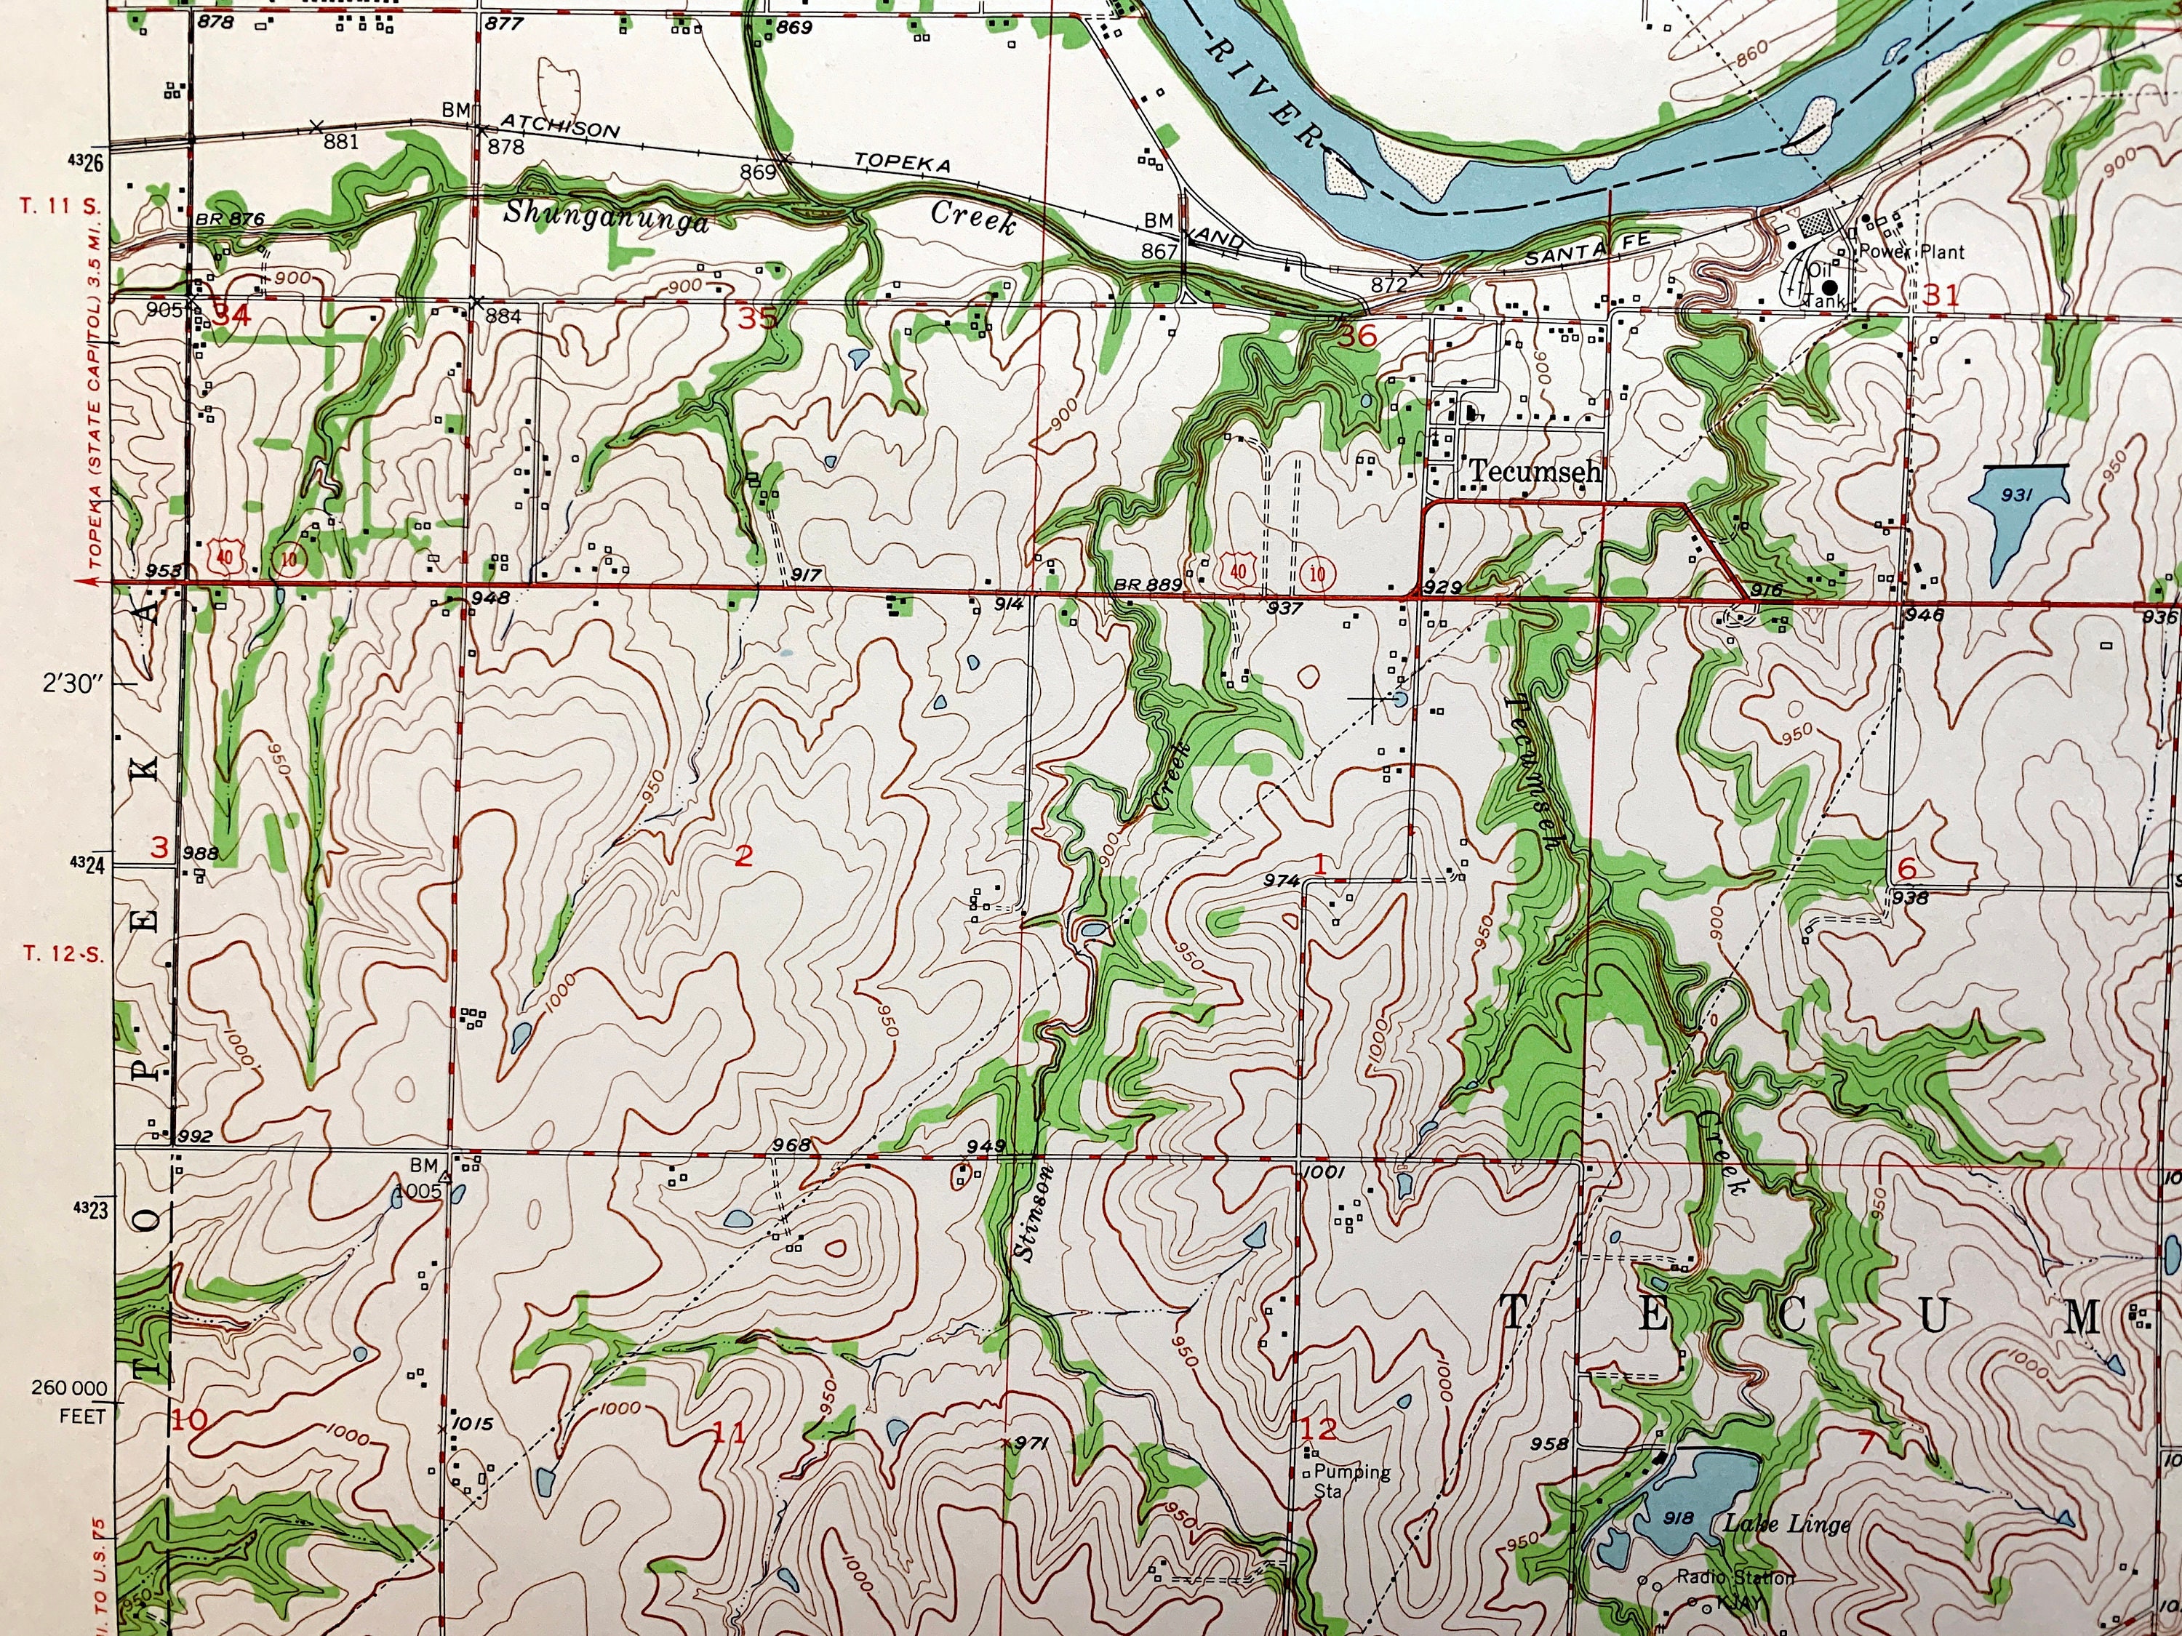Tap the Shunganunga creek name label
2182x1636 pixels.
(x=606, y=216)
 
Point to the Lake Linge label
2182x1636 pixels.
(x=1786, y=1523)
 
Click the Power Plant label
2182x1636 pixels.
(x=1911, y=252)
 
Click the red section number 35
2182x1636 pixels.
(x=758, y=318)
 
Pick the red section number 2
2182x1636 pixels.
(x=743, y=855)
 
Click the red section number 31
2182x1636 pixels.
(x=1941, y=295)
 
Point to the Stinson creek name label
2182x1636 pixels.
(x=1032, y=1212)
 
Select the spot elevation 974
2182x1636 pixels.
(x=1282, y=881)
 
